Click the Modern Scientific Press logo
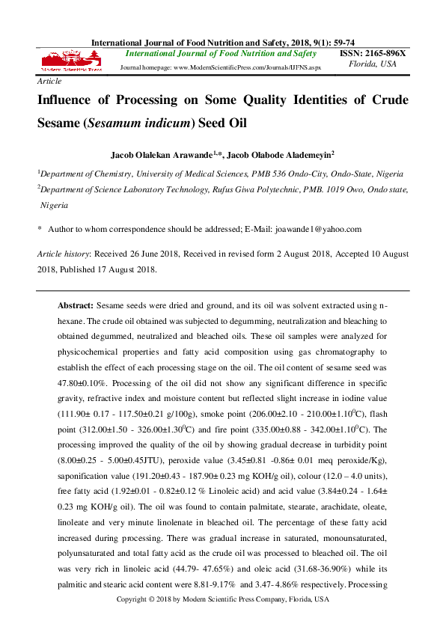pyautogui.click(x=71, y=61)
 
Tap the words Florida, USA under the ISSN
pyautogui.click(x=373, y=64)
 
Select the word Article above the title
pyautogui.click(x=49, y=80)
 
